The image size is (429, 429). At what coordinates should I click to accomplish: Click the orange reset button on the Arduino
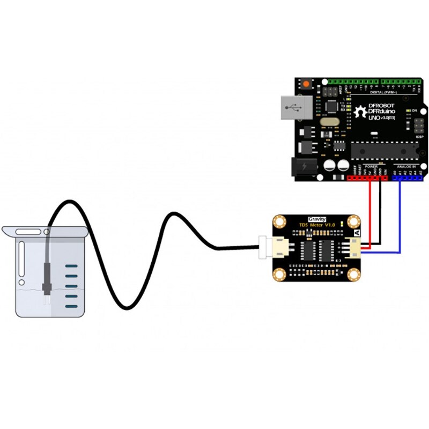(x=306, y=85)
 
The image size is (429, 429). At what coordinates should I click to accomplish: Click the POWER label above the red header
(x=371, y=167)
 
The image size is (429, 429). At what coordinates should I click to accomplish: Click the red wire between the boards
(x=369, y=214)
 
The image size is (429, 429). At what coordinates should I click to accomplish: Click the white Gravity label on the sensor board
(x=317, y=219)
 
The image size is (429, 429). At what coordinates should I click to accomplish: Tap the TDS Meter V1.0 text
(x=317, y=225)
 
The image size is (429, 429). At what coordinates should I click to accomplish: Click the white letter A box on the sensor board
(x=357, y=233)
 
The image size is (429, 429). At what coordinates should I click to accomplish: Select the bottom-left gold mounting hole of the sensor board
(x=279, y=275)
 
